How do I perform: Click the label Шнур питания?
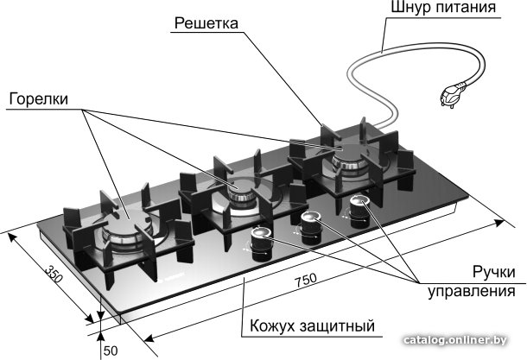tap(443, 8)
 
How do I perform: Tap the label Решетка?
tap(206, 23)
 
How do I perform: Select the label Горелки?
tap(39, 99)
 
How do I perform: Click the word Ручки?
tap(493, 272)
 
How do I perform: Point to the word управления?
tap(472, 291)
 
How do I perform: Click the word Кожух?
tap(272, 325)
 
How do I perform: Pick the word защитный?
tap(337, 326)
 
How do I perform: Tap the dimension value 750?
tap(306, 280)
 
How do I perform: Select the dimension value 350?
tap(54, 274)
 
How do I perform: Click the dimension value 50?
tap(111, 351)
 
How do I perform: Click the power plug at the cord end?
tap(452, 95)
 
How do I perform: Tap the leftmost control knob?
tap(259, 243)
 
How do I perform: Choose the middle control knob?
tap(310, 228)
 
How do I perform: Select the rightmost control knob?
tap(359, 212)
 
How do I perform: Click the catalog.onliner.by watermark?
tap(455, 340)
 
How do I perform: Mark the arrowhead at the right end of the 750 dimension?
tap(498, 223)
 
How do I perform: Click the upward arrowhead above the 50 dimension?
tap(100, 338)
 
